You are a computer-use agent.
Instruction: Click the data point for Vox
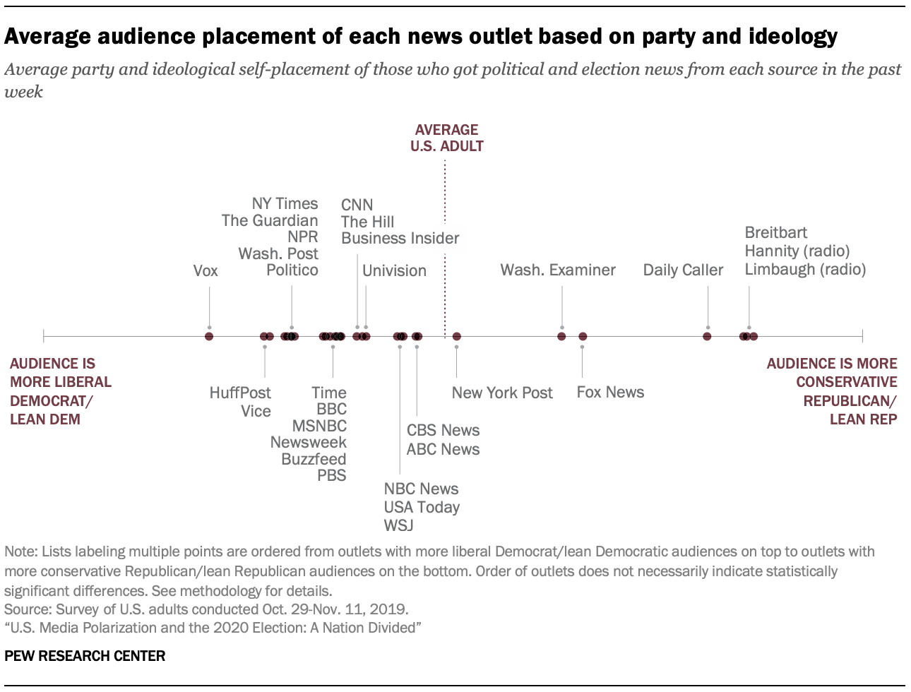[209, 336]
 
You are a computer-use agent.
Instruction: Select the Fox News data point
[583, 336]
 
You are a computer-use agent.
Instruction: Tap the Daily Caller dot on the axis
[707, 336]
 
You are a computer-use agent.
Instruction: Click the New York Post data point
[457, 336]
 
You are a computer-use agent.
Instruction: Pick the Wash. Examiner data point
[561, 336]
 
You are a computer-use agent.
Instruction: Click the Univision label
[394, 271]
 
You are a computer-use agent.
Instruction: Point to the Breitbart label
[775, 233]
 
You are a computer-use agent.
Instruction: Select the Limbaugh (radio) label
[805, 269]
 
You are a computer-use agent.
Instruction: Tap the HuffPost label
[240, 393]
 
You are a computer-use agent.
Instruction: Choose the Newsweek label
[309, 443]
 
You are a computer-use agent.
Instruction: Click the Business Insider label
[400, 239]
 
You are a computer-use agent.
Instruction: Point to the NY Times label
[285, 204]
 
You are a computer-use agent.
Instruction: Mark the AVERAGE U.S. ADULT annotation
[446, 138]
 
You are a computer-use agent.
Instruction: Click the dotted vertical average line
[445, 247]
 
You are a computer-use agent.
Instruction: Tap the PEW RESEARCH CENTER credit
[85, 656]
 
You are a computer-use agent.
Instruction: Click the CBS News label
[443, 431]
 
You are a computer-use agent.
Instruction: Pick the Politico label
[292, 270]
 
